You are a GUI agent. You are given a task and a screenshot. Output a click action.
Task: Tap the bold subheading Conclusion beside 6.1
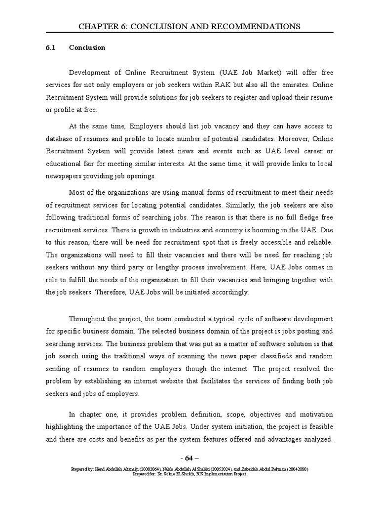[87, 48]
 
